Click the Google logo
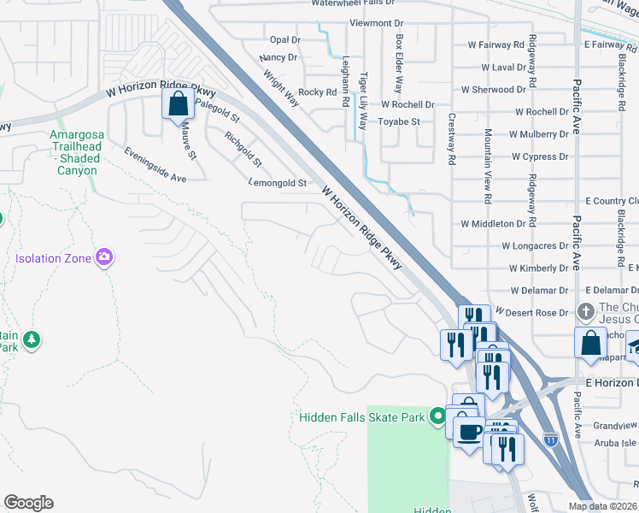pyautogui.click(x=28, y=503)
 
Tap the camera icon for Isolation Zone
pyautogui.click(x=104, y=256)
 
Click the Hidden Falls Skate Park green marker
pyautogui.click(x=438, y=417)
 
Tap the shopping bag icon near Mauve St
pyautogui.click(x=177, y=105)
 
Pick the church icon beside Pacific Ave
pyautogui.click(x=587, y=311)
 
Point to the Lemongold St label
pyautogui.click(x=277, y=183)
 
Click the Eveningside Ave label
pyautogui.click(x=155, y=165)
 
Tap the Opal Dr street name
pyautogui.click(x=284, y=39)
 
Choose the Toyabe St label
pyautogui.click(x=400, y=121)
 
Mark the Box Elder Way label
pyautogui.click(x=398, y=64)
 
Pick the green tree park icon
pyautogui.click(x=32, y=340)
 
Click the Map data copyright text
pyautogui.click(x=603, y=506)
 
